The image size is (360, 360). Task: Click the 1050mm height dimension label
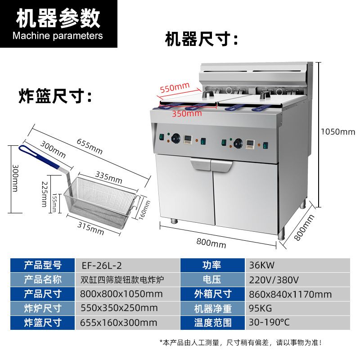point(337,132)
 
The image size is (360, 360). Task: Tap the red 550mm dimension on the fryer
point(175,88)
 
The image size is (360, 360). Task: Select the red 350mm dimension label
point(187,114)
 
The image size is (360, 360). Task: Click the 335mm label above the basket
point(108,177)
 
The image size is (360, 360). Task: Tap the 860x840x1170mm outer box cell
point(290,294)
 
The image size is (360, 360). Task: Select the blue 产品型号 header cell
point(42,265)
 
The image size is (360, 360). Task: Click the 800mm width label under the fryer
point(211,243)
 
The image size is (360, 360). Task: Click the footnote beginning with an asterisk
point(241,343)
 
